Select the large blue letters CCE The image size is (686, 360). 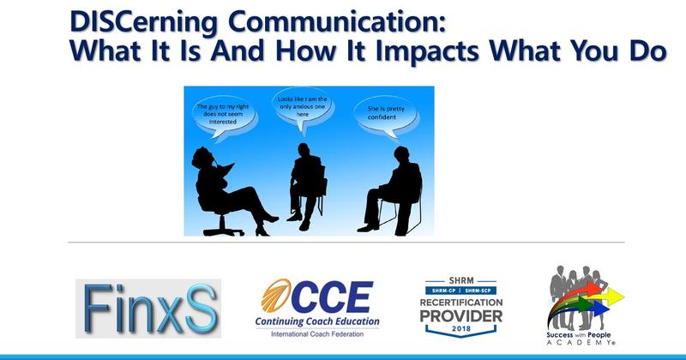[339, 298]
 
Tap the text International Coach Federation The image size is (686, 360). [323, 335]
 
